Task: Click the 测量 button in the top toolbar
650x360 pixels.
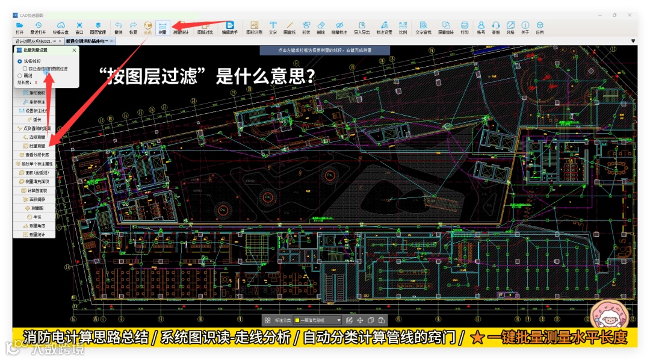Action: pos(162,27)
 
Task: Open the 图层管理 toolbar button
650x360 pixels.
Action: pos(98,27)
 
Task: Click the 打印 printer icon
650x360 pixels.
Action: pos(465,27)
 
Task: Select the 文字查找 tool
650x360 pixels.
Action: pos(424,27)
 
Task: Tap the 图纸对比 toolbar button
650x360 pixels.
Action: pos(205,27)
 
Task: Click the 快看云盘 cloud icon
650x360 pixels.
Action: pos(60,27)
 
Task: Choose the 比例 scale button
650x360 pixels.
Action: pos(403,27)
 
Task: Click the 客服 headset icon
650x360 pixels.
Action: pos(496,27)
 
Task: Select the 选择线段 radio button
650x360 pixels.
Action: pos(20,61)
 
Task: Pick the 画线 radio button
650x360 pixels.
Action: pos(20,75)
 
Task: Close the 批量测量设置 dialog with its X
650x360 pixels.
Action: pos(74,51)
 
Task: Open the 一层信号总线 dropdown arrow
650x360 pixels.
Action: pos(339,320)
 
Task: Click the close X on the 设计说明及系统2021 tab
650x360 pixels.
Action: pos(60,41)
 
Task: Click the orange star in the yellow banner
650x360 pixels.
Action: pos(477,338)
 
